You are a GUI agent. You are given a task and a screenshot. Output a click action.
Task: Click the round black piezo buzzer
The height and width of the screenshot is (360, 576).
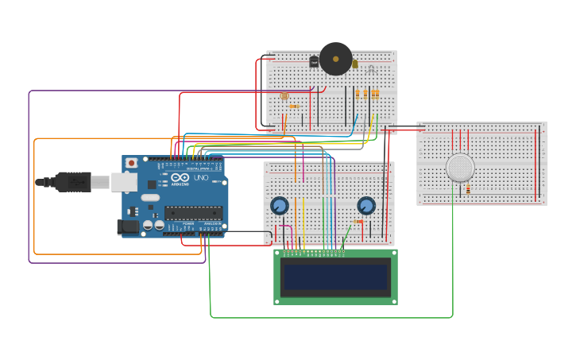(x=335, y=59)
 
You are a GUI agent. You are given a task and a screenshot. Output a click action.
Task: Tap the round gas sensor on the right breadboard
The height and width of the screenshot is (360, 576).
(x=460, y=168)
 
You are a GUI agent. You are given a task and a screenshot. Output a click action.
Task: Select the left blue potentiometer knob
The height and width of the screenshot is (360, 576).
(x=279, y=206)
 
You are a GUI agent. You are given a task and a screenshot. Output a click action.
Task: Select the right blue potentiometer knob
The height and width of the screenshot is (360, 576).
(x=366, y=206)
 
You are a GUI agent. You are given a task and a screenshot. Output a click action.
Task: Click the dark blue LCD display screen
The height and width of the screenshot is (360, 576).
(x=335, y=277)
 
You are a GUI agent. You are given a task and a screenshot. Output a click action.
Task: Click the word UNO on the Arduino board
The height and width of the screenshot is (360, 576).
(x=201, y=177)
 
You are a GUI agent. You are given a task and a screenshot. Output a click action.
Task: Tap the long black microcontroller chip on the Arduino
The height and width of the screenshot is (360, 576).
(x=193, y=212)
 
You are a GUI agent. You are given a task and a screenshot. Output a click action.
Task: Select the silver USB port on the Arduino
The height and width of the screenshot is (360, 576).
(x=123, y=182)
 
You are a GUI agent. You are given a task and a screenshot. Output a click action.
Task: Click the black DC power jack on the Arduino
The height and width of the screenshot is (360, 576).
(x=128, y=227)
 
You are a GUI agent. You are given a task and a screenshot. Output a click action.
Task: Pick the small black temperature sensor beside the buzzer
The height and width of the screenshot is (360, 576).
(x=314, y=61)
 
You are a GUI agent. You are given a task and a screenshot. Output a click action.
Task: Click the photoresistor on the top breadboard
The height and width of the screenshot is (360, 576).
(x=284, y=96)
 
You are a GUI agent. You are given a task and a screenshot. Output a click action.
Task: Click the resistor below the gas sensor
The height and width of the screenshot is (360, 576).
(x=468, y=189)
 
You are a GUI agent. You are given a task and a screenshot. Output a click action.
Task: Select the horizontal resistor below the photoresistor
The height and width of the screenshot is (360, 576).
(x=294, y=106)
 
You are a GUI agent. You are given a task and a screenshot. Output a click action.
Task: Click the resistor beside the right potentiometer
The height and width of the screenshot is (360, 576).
(x=358, y=222)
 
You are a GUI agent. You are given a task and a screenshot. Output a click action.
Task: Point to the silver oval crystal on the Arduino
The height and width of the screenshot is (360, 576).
(x=150, y=197)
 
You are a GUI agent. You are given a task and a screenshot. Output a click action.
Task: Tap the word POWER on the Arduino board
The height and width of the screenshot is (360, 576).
(x=188, y=225)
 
